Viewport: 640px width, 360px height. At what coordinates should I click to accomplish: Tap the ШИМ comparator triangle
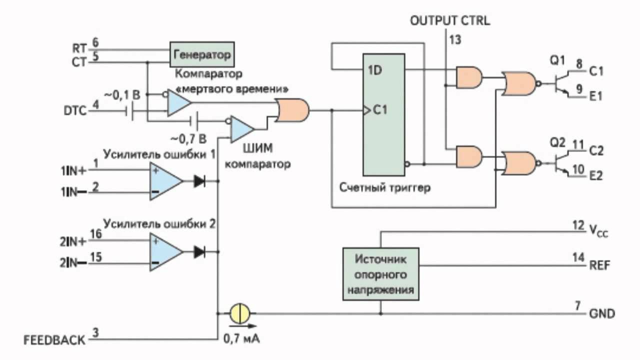[x=241, y=129]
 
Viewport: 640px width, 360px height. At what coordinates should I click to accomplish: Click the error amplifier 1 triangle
[x=165, y=180]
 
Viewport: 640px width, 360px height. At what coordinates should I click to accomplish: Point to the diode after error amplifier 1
[x=199, y=181]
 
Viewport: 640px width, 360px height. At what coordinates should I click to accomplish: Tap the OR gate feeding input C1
[x=292, y=110]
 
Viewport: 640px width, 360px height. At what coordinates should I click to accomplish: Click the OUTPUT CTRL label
[x=450, y=21]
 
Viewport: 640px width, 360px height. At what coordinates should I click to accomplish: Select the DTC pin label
[x=75, y=110]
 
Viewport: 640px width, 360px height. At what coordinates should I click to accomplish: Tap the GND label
[x=602, y=314]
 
